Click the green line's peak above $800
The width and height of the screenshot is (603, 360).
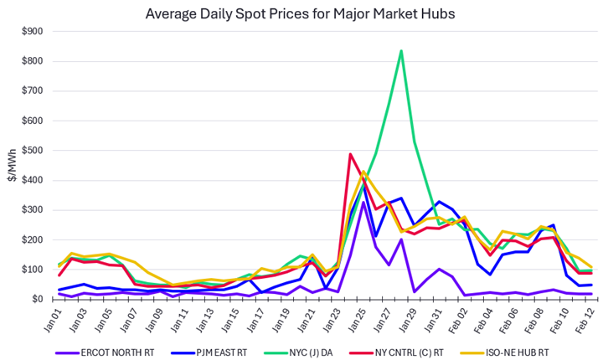tap(401, 51)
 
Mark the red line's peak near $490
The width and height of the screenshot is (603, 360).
tap(350, 154)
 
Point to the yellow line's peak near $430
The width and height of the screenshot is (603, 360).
tap(363, 172)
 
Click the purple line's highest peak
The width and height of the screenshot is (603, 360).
tap(363, 203)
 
